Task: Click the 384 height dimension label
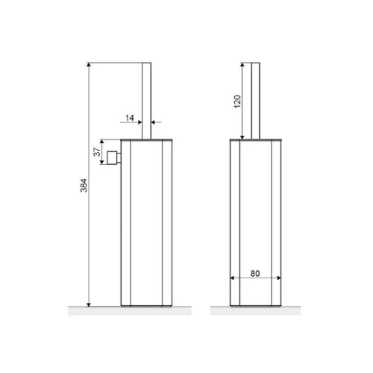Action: pos(84,186)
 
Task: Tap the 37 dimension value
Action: pos(97,152)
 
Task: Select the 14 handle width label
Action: pos(130,118)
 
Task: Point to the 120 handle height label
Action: pos(237,101)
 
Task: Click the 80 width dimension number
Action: pos(255,274)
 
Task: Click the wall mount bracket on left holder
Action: pos(114,157)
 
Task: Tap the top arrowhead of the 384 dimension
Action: pos(89,65)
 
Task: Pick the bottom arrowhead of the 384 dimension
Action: pos(89,304)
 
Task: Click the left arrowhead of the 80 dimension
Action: pos(232,278)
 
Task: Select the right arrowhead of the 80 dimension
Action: pos(279,278)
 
